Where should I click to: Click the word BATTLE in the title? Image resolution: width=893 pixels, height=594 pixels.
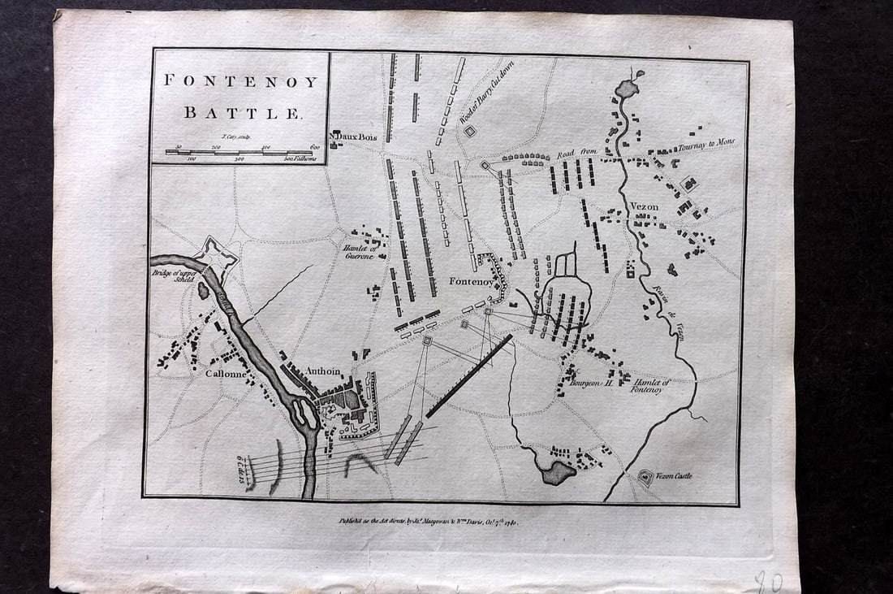click(x=242, y=112)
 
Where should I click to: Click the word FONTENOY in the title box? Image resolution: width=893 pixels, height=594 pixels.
click(x=241, y=81)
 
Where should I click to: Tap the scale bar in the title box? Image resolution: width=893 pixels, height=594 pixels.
click(x=239, y=152)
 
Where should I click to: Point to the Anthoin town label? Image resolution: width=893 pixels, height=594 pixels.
click(x=323, y=371)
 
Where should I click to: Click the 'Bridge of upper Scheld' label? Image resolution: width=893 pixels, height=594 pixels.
click(x=172, y=278)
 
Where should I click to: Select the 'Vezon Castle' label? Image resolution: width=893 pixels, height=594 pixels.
click(x=676, y=476)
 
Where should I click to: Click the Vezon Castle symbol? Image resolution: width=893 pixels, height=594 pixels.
click(x=646, y=478)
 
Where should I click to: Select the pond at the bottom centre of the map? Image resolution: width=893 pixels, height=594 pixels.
click(x=559, y=472)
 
